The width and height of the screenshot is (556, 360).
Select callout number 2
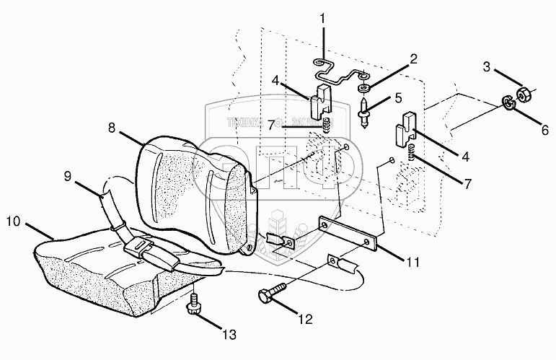pyautogui.click(x=414, y=60)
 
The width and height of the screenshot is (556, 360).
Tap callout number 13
pyautogui.click(x=229, y=335)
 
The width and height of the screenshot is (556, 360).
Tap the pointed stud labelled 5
pyautogui.click(x=366, y=113)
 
